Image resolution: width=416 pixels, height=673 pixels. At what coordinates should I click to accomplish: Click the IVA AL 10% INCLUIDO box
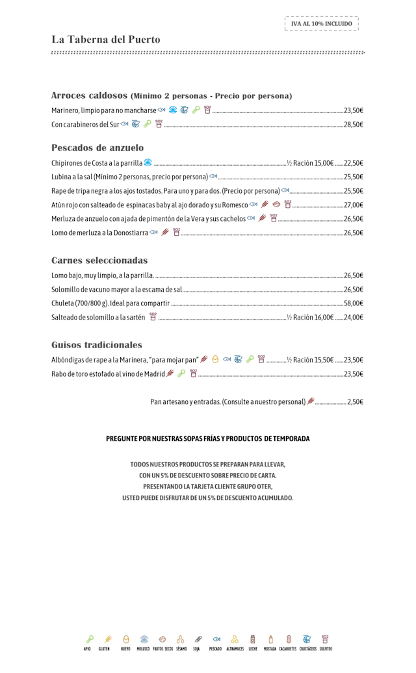[x=321, y=23]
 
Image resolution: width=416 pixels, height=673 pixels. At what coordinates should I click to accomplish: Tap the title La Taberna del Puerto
[x=106, y=40]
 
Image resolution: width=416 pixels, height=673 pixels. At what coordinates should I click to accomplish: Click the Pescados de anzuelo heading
[x=97, y=147]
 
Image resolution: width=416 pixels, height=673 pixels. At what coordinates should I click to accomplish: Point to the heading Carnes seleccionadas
[x=99, y=260]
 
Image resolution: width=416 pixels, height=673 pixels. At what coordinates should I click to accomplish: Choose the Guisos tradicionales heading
[x=97, y=345]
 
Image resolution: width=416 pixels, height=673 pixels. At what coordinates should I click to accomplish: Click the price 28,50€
[x=353, y=125]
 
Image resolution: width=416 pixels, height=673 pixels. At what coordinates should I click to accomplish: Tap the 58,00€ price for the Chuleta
[x=353, y=303]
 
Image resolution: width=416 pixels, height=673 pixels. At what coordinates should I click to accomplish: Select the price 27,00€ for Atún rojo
[x=353, y=205]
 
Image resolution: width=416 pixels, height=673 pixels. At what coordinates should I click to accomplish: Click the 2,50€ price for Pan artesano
[x=355, y=402]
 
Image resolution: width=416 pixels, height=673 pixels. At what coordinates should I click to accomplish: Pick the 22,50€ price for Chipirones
[x=353, y=163]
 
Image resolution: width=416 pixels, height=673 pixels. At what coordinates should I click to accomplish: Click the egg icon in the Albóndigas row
[x=215, y=359]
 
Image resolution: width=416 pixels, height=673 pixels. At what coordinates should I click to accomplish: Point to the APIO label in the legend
[x=87, y=648]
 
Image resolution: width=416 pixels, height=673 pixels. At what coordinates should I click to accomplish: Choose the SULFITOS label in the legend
[x=325, y=648]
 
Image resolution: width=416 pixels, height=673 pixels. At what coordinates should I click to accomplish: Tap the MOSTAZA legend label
[x=270, y=648]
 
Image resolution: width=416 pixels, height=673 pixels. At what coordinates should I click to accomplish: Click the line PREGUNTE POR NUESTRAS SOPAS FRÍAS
[x=208, y=439]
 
